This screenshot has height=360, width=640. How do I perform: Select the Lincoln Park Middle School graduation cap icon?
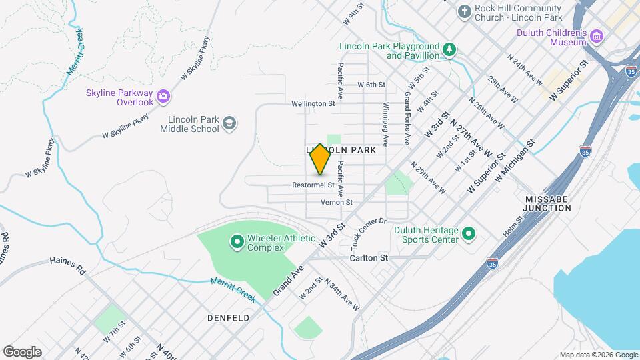click(x=229, y=123)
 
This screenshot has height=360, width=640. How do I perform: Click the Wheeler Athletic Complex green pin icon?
click(x=236, y=242)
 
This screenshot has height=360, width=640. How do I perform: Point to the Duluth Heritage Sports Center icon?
click(x=469, y=234)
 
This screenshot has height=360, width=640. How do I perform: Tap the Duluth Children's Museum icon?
click(x=597, y=36)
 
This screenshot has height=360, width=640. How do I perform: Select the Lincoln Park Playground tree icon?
click(x=451, y=49)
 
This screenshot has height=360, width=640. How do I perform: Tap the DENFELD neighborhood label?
click(x=228, y=318)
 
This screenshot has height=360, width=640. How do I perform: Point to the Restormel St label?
click(x=313, y=185)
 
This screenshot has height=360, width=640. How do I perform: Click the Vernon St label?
click(x=336, y=202)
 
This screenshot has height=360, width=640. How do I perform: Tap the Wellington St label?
click(x=313, y=104)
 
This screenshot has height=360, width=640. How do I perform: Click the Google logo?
click(x=22, y=352)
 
